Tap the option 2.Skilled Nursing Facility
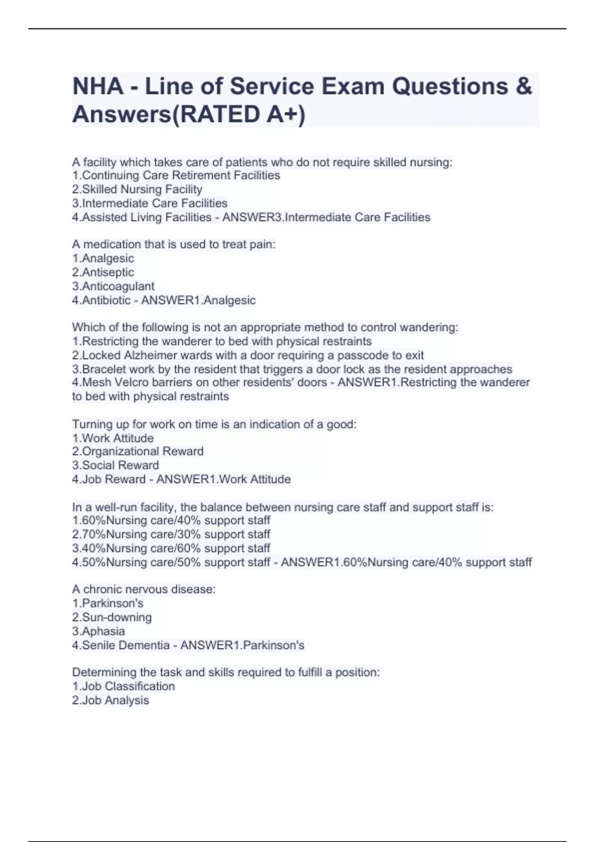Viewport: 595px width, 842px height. [x=137, y=189]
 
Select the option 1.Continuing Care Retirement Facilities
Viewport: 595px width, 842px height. [x=176, y=175]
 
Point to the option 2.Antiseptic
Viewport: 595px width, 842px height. [x=103, y=272]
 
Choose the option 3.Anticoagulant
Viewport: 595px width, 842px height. [x=114, y=286]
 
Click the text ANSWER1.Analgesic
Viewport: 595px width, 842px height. [x=198, y=300]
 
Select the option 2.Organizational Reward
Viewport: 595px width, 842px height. [x=138, y=451]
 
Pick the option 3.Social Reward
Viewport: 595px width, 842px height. [x=116, y=465]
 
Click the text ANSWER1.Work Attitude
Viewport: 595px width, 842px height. [x=224, y=479]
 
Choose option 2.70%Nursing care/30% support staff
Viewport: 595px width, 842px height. [x=171, y=534]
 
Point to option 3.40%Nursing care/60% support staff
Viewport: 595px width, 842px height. [x=171, y=548]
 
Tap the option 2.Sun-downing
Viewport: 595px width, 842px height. [x=112, y=617]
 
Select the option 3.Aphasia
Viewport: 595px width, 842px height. [x=99, y=631]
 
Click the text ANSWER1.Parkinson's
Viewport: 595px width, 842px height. [x=242, y=645]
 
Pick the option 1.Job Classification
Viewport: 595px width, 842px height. [x=123, y=686]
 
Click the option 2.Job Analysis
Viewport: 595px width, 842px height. [x=111, y=700]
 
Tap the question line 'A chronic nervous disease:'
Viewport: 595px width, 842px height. [x=144, y=589]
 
